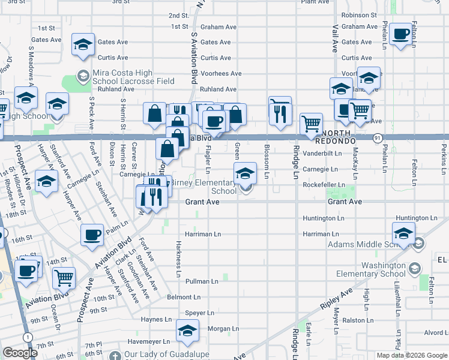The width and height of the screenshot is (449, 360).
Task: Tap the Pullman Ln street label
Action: point(202,281)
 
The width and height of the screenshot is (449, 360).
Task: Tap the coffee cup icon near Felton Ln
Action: point(401,34)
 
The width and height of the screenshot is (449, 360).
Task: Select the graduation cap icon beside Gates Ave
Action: point(83,44)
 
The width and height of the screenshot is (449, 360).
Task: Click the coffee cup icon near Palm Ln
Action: point(92,235)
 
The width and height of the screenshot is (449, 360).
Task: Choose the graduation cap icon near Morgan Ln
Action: point(188,331)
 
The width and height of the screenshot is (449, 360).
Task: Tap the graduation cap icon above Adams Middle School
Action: point(403,232)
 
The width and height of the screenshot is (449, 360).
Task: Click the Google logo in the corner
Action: point(20,353)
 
